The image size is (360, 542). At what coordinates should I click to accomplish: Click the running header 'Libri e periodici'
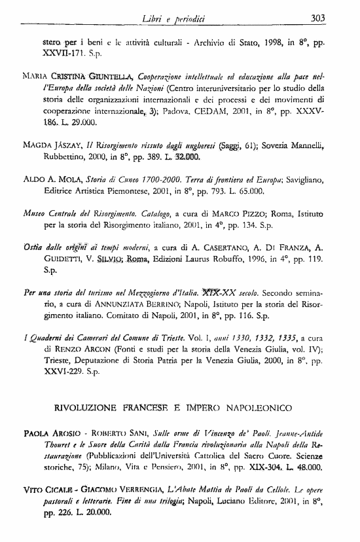pos(189,18)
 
